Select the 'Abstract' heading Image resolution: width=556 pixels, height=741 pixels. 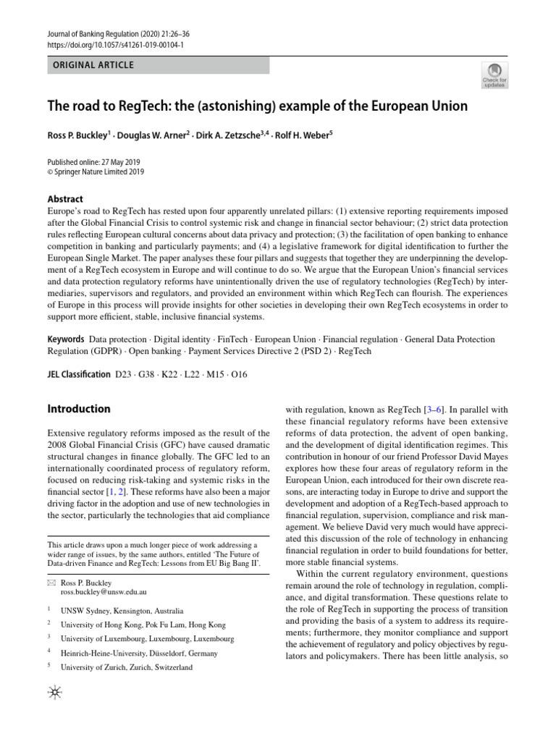coord(65,199)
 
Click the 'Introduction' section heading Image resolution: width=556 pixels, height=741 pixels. coord(79,409)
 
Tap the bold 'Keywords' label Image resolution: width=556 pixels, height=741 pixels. coord(66,339)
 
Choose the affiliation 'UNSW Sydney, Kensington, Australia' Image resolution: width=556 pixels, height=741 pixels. coord(122,611)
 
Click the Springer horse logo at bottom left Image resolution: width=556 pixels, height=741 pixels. coord(54,693)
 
